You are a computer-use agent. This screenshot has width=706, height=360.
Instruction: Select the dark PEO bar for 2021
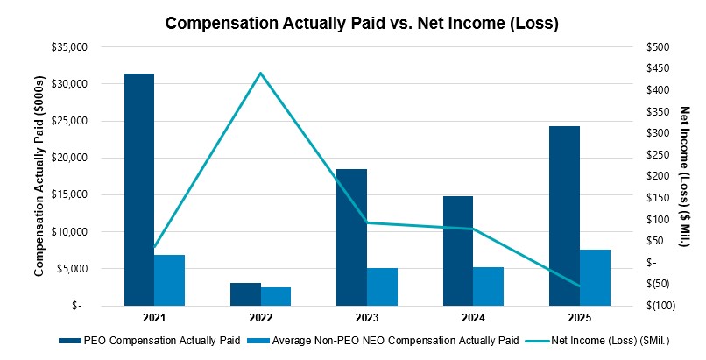[138, 189]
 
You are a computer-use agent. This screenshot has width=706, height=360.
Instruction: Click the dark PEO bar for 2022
[245, 294]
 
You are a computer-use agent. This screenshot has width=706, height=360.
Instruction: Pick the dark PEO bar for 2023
[351, 237]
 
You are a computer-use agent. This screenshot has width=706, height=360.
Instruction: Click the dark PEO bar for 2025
[564, 215]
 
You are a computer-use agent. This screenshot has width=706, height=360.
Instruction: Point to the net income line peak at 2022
[260, 73]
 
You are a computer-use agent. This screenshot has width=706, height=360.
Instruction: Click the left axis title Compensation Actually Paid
[39, 175]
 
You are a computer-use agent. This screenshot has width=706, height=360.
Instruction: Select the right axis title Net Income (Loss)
[686, 175]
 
